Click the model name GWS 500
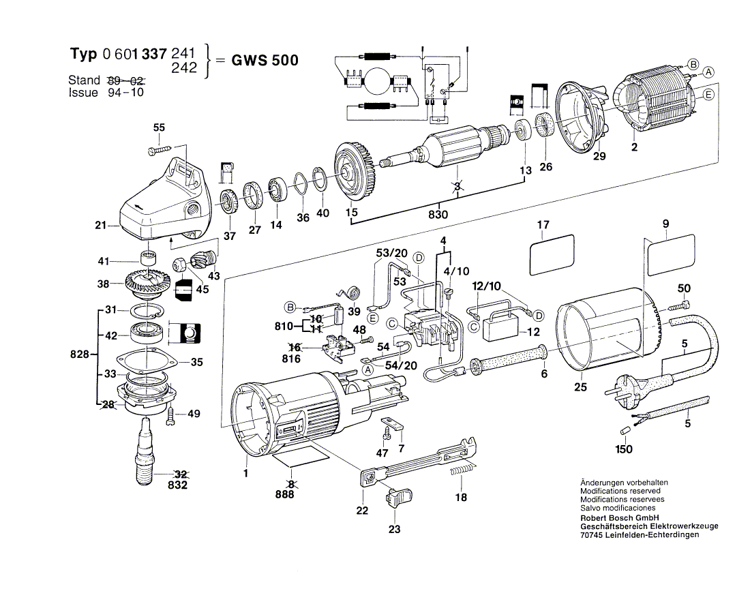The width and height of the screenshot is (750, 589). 265,60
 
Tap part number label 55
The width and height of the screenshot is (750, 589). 159,127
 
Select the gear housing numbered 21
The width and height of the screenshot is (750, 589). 158,205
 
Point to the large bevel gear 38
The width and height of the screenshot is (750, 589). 148,284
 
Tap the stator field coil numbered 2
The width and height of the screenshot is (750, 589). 656,100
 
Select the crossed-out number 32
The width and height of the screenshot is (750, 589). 181,474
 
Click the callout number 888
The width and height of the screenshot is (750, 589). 289,494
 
